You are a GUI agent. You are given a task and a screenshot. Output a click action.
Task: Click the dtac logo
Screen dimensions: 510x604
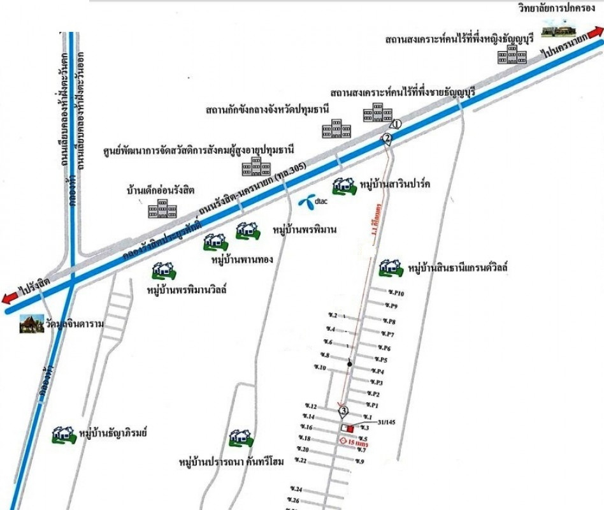tap(310, 201)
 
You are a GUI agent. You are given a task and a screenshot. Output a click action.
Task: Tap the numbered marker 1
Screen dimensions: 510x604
tap(396, 124)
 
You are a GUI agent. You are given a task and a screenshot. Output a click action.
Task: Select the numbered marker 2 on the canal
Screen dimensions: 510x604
tap(386, 138)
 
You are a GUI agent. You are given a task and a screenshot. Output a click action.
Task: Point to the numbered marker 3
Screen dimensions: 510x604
tap(344, 411)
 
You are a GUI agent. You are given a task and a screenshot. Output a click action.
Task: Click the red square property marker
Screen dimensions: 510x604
tap(349, 428)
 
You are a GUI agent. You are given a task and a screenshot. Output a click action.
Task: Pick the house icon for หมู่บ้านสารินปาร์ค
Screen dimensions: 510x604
tap(344, 186)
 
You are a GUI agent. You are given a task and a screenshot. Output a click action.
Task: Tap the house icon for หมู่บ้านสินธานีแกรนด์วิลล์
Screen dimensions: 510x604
tap(391, 268)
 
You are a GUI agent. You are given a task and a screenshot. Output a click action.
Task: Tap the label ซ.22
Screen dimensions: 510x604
tap(301, 460)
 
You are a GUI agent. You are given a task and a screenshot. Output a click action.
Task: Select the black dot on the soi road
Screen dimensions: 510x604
tap(350, 364)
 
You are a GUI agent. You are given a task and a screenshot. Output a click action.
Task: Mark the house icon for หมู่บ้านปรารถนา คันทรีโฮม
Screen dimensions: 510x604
tap(241, 437)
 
